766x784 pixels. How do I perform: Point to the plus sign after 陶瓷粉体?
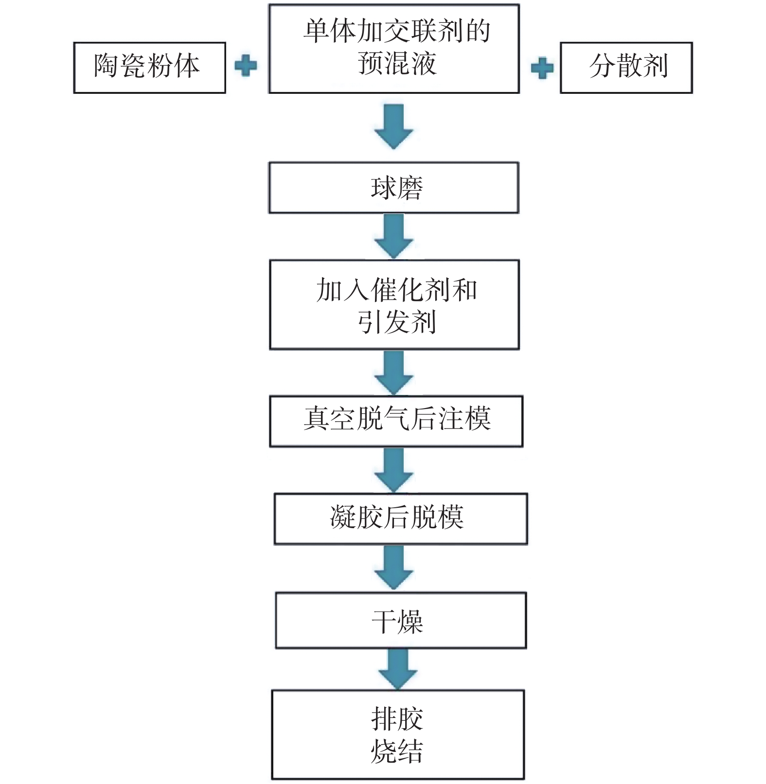pos(246,66)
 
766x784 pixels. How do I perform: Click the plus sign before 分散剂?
pos(542,68)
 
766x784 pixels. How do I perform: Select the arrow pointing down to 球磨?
pos(394,126)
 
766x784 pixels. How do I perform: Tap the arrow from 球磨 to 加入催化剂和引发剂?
pos(394,236)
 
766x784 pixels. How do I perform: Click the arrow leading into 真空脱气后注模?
pos(394,373)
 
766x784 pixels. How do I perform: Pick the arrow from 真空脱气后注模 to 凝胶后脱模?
pos(394,470)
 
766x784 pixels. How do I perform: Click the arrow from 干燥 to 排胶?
pos(398,669)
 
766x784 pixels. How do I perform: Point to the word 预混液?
pos(397,63)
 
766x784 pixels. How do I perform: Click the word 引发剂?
pos(397,322)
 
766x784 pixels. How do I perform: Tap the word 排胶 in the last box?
pos(397,719)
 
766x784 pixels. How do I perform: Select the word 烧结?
pos(397,751)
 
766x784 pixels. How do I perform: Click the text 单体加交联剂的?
pos(397,31)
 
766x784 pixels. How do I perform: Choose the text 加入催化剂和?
pos(397,290)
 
